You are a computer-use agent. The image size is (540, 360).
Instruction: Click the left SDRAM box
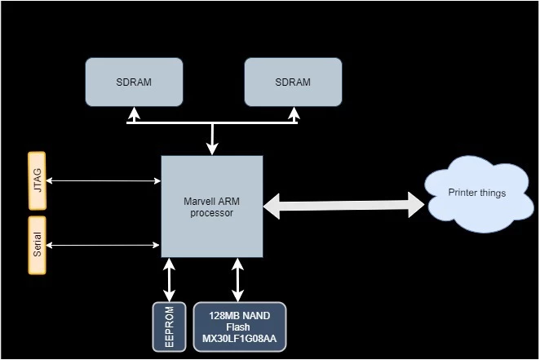(x=133, y=82)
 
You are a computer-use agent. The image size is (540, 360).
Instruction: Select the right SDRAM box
(x=293, y=82)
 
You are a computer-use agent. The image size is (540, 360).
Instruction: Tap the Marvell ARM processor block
(x=212, y=207)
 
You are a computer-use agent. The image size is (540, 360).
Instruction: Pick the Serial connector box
(x=36, y=245)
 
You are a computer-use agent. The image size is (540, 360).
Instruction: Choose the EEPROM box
(x=170, y=327)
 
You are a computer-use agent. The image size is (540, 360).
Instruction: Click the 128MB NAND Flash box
(x=240, y=327)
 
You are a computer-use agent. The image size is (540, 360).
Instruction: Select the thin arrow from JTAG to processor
(x=102, y=180)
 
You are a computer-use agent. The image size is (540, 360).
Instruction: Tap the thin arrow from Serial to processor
(x=102, y=244)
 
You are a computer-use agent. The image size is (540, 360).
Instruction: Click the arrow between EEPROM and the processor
(x=170, y=280)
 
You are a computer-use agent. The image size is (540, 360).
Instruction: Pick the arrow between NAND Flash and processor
(x=237, y=280)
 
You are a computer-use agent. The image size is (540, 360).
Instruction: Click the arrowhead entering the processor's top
(x=213, y=149)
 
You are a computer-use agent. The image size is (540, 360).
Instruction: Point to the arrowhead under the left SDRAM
(x=134, y=114)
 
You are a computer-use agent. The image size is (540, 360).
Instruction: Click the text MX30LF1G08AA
(x=240, y=338)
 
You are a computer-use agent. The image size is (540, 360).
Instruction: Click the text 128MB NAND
(x=240, y=315)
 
